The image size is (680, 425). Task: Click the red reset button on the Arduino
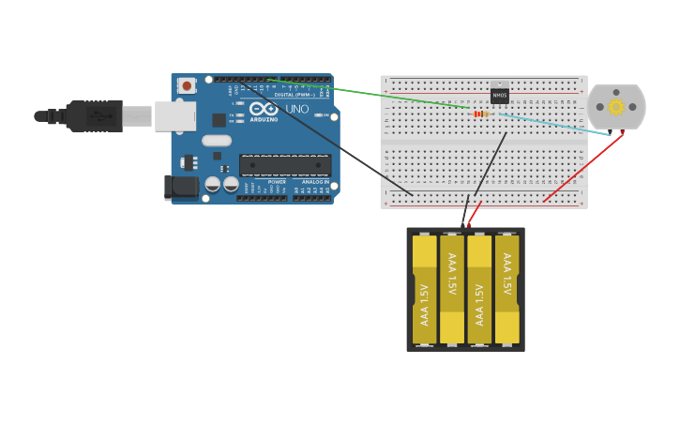pyautogui.click(x=187, y=85)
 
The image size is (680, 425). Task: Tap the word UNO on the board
pyautogui.click(x=297, y=109)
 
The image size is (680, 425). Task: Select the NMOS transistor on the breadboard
pyautogui.click(x=500, y=95)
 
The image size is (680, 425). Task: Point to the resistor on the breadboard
pyautogui.click(x=480, y=114)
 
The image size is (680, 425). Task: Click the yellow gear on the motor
pyautogui.click(x=616, y=107)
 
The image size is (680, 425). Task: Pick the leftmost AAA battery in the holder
pyautogui.click(x=425, y=289)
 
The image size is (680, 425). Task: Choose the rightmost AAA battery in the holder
pyautogui.click(x=507, y=289)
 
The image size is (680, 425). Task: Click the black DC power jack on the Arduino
pyautogui.click(x=181, y=187)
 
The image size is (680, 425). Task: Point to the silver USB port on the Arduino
pyautogui.click(x=174, y=116)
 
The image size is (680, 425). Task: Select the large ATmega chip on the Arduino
pyautogui.click(x=285, y=165)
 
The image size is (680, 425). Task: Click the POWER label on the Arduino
pyautogui.click(x=277, y=182)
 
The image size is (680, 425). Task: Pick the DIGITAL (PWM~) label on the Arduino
pyautogui.click(x=295, y=95)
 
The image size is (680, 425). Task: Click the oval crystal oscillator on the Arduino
pyautogui.click(x=216, y=141)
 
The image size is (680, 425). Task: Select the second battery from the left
pyautogui.click(x=452, y=289)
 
